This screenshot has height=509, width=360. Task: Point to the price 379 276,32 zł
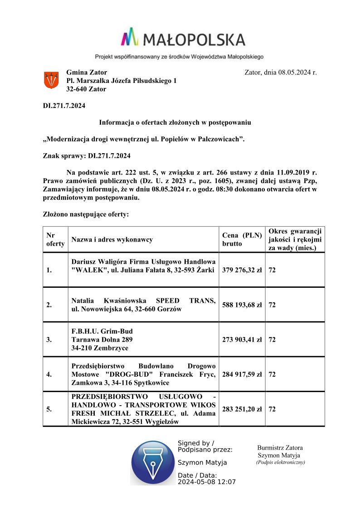242,270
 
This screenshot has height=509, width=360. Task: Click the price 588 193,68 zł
242,305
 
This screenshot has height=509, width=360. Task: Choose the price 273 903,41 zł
242,339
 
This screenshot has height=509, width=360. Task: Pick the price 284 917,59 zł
242,374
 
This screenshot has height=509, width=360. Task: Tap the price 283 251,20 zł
242,409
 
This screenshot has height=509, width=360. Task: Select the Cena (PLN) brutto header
242,239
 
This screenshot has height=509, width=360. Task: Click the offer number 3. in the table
49,339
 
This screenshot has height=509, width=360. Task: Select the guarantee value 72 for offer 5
272,409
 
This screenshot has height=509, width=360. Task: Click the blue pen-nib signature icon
152,462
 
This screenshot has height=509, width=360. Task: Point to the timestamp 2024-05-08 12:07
207,482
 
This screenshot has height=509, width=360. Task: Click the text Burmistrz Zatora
280,448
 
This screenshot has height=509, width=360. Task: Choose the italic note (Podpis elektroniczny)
280,462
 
